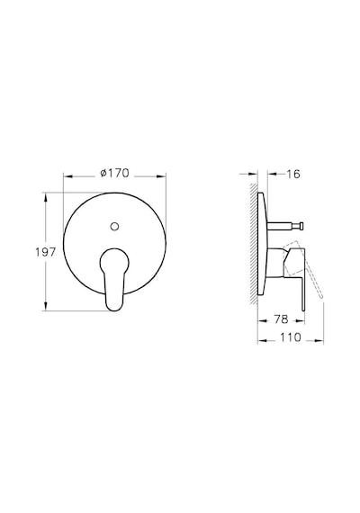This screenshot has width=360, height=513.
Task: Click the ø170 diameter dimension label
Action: pos(114,173)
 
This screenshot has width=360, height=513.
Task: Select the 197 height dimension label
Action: pos(46,252)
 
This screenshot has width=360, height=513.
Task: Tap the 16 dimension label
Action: pos(293,174)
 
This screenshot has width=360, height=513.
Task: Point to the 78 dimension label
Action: pos(281,319)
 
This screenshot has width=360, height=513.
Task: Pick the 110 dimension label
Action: pos(291,337)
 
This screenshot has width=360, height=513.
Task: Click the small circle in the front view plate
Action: pos(114,226)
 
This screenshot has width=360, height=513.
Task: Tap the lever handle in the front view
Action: pos(114,279)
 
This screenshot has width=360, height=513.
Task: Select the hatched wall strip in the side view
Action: pos(254,244)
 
